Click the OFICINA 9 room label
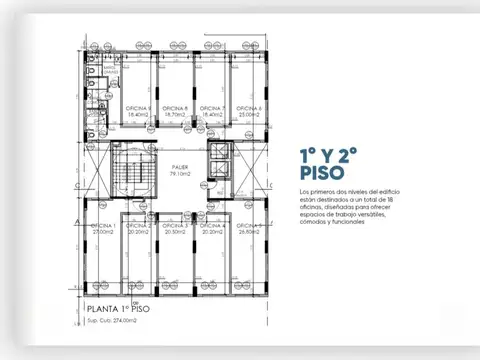click(x=138, y=108)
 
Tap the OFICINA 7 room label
click(x=210, y=108)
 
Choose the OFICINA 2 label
click(x=139, y=226)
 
